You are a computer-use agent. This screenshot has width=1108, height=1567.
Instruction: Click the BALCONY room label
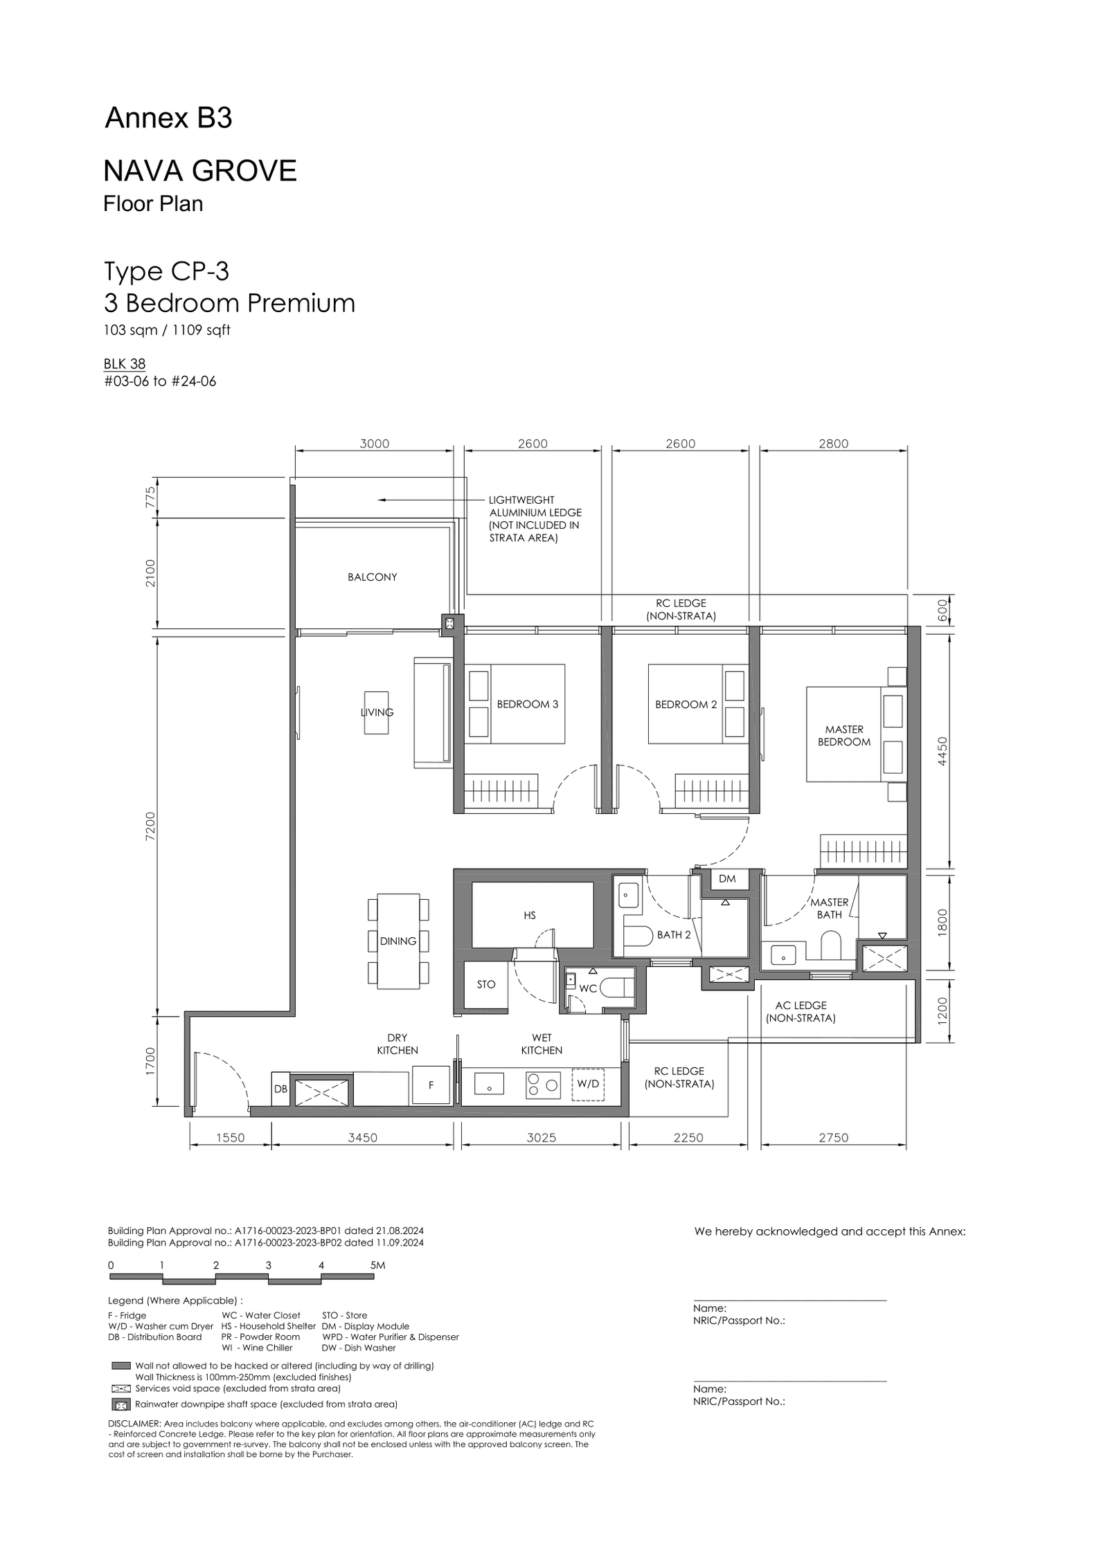tap(372, 577)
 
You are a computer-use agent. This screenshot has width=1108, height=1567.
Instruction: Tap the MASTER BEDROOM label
tap(844, 736)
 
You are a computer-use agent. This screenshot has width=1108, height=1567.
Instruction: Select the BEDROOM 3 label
tap(527, 705)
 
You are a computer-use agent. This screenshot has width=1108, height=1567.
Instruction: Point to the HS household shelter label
tap(530, 916)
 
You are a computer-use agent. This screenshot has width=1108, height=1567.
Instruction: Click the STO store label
tap(486, 984)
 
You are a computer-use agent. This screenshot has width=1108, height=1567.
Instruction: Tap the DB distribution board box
tap(280, 1089)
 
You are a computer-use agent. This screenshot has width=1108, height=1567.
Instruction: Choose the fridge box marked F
tap(431, 1086)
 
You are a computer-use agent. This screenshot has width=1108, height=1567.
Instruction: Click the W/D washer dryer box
tap(588, 1084)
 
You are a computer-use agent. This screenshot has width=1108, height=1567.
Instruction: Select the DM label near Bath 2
tap(727, 879)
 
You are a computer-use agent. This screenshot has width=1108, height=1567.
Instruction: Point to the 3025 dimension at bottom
tap(541, 1138)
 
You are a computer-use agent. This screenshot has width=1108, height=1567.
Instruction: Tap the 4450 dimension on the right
tap(942, 751)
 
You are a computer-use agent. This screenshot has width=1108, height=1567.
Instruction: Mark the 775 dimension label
tap(151, 497)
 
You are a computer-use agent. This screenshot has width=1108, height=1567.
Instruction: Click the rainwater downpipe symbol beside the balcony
tap(449, 623)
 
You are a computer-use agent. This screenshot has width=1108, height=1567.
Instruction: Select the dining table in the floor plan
tap(398, 941)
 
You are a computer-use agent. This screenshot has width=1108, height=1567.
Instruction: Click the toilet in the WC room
tap(617, 987)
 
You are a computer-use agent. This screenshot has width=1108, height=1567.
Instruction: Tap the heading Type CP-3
tap(166, 271)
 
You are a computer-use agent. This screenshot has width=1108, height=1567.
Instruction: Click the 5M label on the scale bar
tap(378, 1265)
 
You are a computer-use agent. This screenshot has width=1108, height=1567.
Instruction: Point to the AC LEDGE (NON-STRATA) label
tap(801, 1012)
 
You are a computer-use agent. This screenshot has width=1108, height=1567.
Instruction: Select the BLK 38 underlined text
tap(125, 364)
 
